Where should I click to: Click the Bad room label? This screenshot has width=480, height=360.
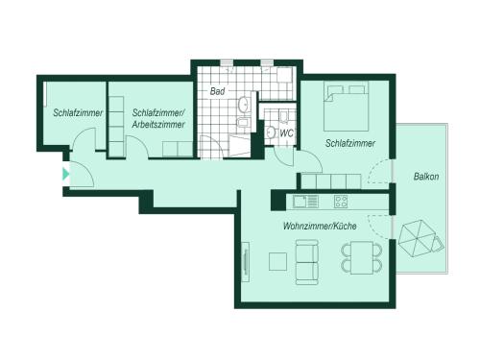point(217,91)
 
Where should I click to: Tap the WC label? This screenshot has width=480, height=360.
point(286,133)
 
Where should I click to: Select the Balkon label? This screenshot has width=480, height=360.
point(426,177)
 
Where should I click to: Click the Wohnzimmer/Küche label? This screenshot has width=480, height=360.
point(320,227)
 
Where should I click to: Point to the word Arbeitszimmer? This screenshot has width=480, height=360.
point(158,124)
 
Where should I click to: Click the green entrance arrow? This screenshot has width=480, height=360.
point(65,174)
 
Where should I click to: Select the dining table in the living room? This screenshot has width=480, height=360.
point(362,258)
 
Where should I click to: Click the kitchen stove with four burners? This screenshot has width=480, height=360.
point(341,202)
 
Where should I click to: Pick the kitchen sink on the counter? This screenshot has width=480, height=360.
point(305,202)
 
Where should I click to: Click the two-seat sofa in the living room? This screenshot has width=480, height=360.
point(307,262)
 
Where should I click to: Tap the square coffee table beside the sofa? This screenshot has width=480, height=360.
point(277,261)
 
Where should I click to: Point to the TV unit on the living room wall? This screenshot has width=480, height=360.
point(246,262)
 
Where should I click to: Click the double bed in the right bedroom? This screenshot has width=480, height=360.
point(346,107)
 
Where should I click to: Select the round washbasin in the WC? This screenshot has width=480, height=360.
point(272,132)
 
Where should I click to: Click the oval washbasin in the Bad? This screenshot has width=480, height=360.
point(244,104)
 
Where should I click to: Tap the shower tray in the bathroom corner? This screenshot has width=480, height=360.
point(239,146)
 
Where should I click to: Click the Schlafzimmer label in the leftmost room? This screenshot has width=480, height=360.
point(78,112)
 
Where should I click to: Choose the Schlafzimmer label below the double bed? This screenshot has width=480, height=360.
point(350,143)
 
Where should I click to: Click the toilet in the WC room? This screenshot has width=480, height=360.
point(283,117)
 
